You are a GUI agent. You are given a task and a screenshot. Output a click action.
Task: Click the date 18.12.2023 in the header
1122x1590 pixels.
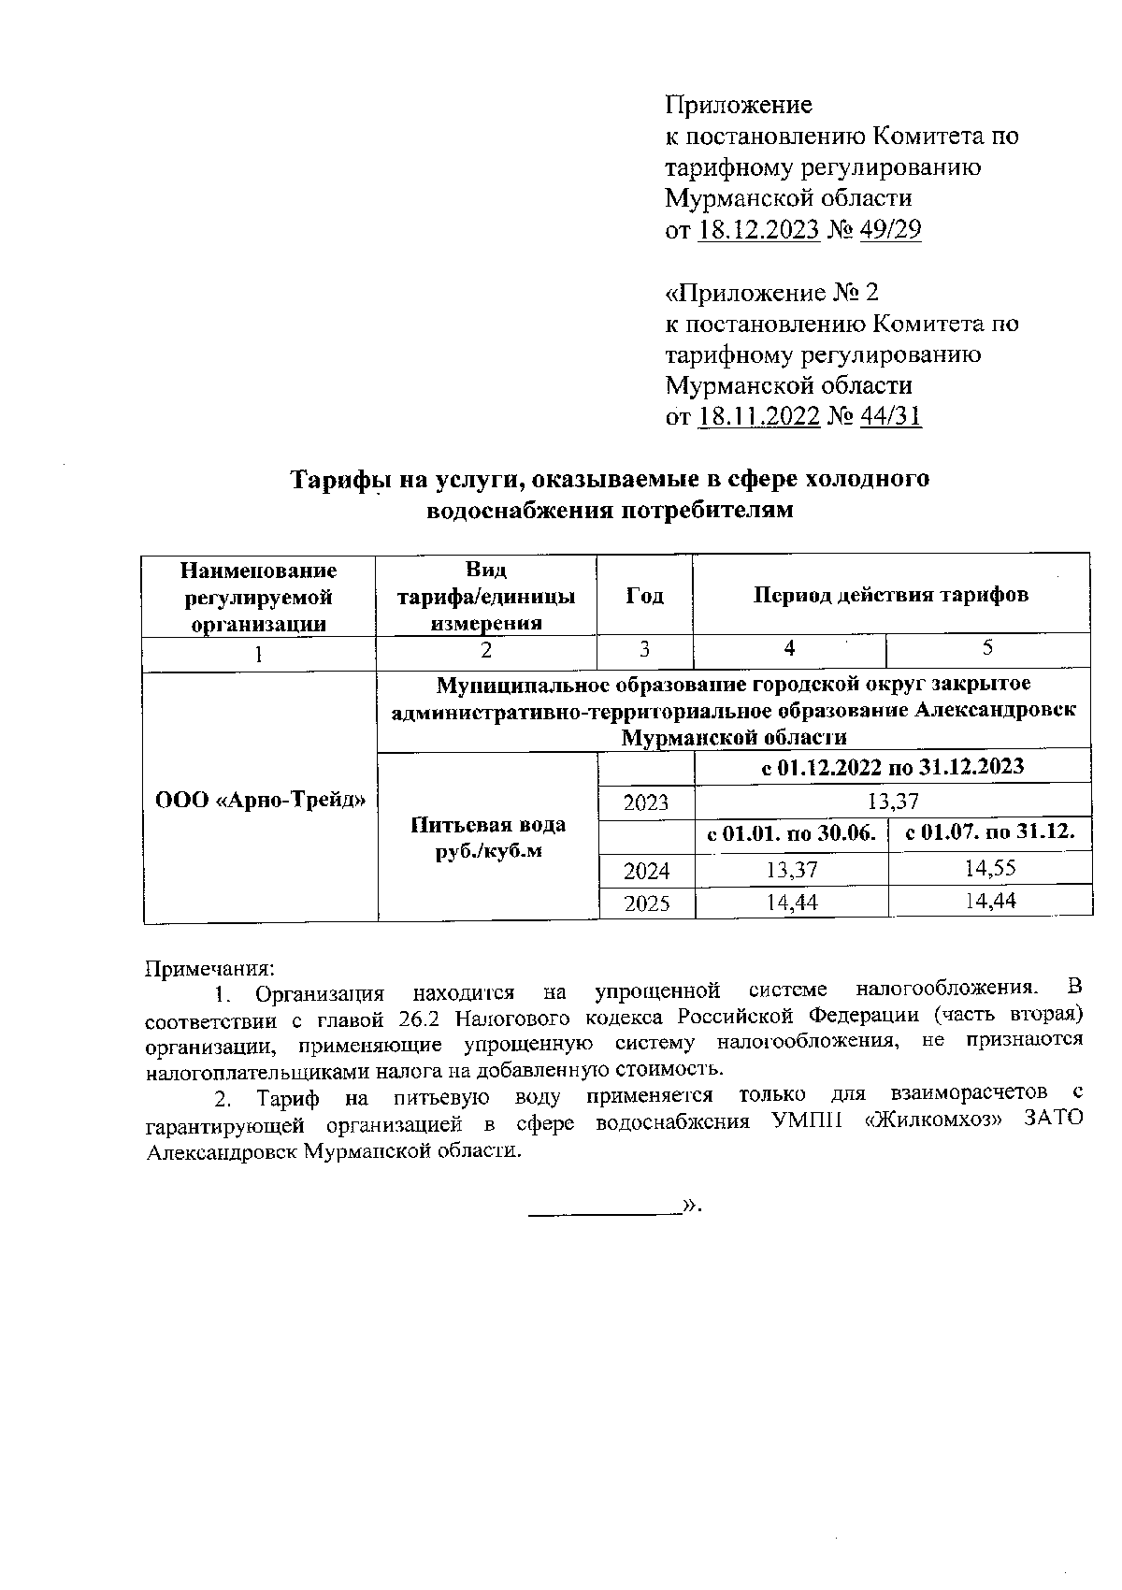(x=759, y=230)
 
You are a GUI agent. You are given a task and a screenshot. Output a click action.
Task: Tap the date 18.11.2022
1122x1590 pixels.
(x=759, y=417)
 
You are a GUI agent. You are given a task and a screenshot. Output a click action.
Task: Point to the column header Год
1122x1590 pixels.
(x=644, y=596)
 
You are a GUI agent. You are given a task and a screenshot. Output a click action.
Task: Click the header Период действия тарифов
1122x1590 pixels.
(x=891, y=595)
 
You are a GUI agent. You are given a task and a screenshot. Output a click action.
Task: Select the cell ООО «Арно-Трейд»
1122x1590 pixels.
(x=260, y=800)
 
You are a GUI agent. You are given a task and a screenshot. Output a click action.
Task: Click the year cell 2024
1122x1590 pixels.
(x=646, y=871)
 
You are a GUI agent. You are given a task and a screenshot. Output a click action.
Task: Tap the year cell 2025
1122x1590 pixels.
(x=646, y=903)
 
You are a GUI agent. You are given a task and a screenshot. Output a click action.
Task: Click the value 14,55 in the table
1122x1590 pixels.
(x=990, y=868)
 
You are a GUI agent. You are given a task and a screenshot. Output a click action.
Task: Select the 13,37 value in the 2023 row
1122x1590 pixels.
(x=893, y=801)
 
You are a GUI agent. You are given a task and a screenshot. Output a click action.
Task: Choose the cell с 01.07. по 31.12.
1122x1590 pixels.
(x=990, y=833)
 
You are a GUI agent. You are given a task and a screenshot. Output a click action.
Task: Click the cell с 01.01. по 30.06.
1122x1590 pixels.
(x=791, y=833)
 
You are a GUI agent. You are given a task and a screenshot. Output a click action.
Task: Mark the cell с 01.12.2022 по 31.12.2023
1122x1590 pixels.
(x=893, y=767)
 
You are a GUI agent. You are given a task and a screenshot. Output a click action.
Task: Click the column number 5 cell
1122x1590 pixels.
(x=988, y=648)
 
